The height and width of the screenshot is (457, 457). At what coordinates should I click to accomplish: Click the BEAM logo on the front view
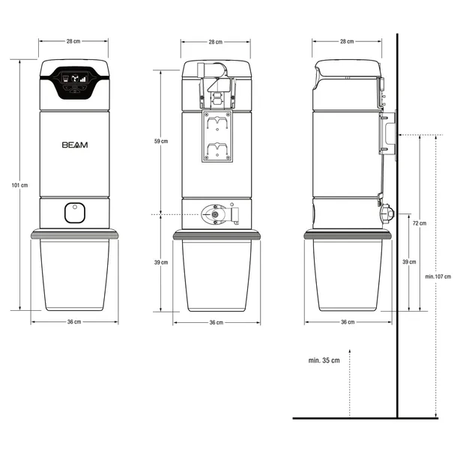point(75,145)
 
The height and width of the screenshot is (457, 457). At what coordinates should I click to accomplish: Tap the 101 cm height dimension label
point(19,185)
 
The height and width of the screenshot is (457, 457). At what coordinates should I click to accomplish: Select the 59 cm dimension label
point(161,141)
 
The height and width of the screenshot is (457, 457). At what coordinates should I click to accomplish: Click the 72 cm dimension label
point(420,223)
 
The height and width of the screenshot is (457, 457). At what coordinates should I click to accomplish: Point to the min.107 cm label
point(438,276)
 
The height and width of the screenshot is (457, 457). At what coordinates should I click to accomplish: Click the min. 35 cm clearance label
point(324,360)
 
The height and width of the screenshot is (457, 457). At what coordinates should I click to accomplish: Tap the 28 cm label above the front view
point(73,41)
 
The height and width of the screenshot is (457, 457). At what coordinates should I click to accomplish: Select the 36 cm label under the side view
point(348,321)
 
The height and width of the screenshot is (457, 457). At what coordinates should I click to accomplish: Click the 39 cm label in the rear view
point(161,262)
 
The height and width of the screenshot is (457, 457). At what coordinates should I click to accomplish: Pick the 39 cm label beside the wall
point(410,261)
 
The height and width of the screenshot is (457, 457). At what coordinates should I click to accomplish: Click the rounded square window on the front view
point(75,213)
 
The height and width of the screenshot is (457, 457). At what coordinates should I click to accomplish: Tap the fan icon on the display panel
point(75,78)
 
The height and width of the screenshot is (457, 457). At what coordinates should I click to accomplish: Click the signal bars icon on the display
point(83,79)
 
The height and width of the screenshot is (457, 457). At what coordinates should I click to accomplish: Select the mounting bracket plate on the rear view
point(217,136)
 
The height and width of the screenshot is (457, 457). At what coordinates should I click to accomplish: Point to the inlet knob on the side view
point(387,214)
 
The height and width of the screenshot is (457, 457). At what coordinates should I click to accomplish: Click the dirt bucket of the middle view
point(217,276)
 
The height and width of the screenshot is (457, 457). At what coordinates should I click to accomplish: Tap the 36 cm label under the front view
point(74,321)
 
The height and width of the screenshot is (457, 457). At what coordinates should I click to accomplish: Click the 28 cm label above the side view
point(347,41)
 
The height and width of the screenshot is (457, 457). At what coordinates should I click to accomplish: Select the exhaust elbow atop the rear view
point(211,70)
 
